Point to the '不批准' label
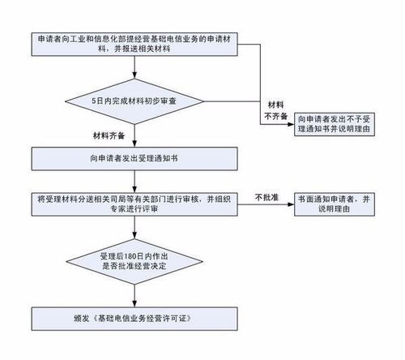(266, 197)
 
